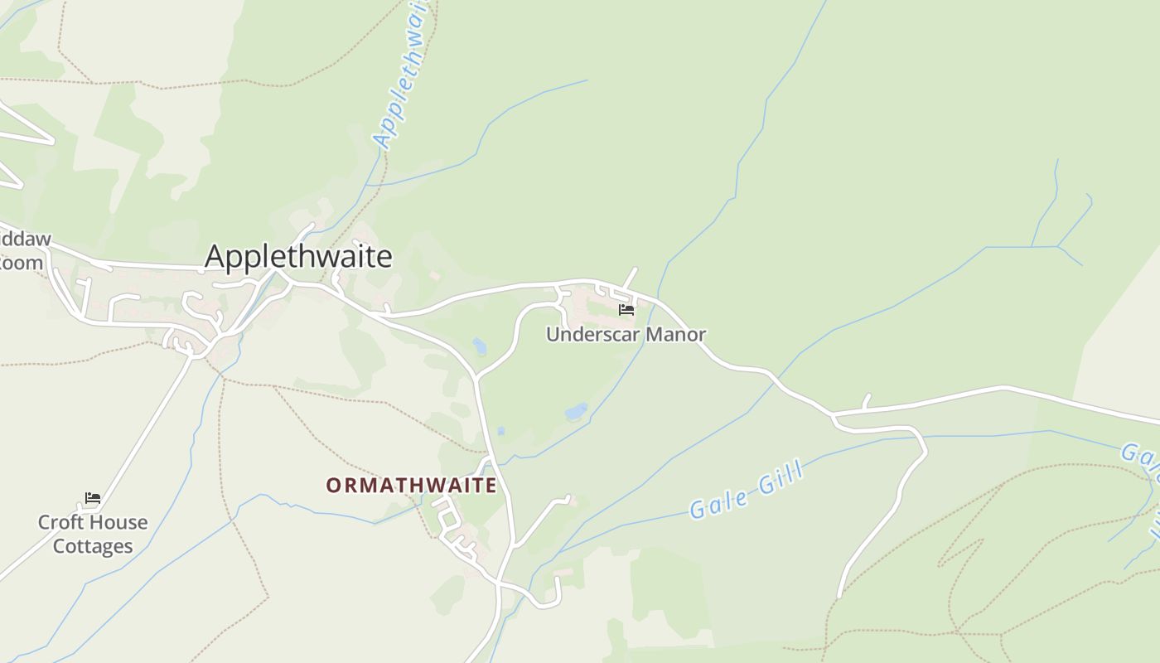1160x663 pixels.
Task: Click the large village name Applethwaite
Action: pos(298,257)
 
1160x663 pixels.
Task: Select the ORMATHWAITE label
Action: pos(411,485)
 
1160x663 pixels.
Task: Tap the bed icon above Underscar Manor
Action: pos(626,310)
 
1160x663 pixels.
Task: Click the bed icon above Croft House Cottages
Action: pos(93,498)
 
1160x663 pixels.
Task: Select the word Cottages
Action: pos(93,547)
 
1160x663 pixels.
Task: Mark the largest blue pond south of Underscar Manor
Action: pos(576,411)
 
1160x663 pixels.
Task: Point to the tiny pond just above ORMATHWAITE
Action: pos(500,431)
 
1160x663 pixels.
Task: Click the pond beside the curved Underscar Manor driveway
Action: pos(480,346)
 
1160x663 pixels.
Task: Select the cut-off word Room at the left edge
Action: pos(22,264)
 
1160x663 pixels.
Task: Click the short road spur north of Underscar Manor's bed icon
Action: pos(631,278)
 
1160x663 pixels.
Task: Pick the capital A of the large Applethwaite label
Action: pos(215,257)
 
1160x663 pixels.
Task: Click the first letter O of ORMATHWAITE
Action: pos(334,486)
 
